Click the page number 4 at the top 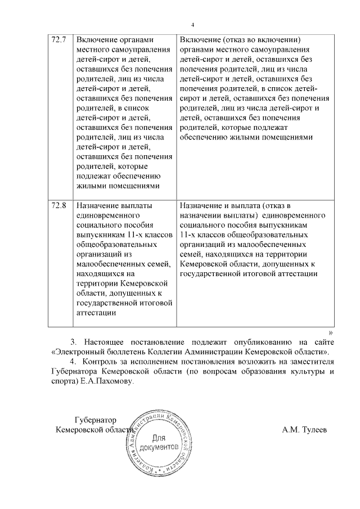[x=192, y=25]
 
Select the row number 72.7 [x=59, y=40]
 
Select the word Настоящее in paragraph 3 [x=107, y=343]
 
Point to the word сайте [x=323, y=343]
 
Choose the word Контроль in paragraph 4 [x=100, y=362]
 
